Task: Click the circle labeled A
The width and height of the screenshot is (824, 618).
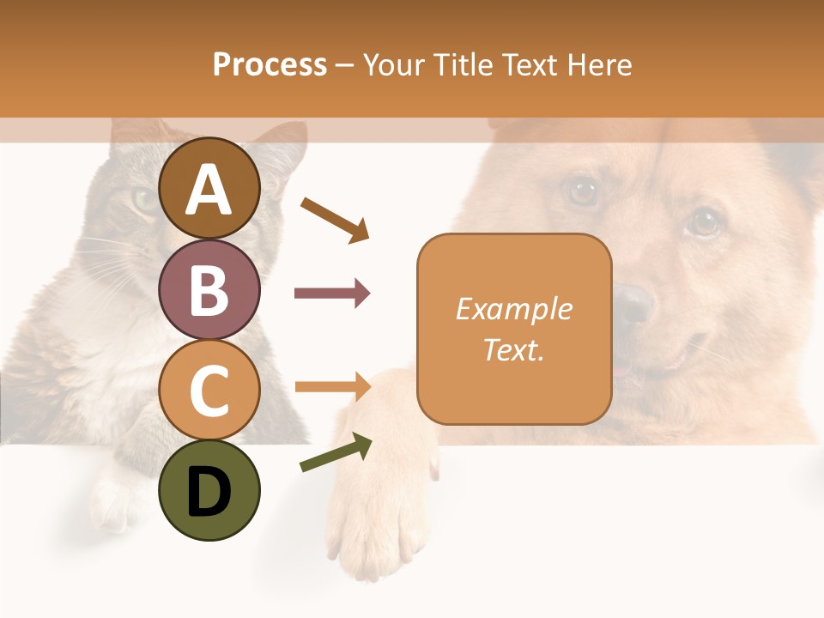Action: (x=209, y=189)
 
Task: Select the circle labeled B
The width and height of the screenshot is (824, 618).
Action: (x=209, y=289)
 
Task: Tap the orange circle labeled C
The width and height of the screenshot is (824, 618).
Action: (x=209, y=391)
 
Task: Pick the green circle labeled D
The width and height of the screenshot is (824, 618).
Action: (x=209, y=491)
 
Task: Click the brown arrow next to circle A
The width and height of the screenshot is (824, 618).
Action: (x=335, y=220)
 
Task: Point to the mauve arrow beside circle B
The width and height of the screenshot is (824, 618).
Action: (x=332, y=294)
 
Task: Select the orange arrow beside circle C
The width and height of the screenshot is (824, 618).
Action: (x=332, y=387)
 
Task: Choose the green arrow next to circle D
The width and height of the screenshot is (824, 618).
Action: (x=336, y=453)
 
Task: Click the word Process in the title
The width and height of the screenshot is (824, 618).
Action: (x=270, y=65)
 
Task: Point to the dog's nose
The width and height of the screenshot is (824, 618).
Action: (x=635, y=302)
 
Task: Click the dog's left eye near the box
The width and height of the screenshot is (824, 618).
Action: (x=584, y=191)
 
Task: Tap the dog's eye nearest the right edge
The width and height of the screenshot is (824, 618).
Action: (x=704, y=223)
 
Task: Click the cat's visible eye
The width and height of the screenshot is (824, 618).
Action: (x=144, y=199)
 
